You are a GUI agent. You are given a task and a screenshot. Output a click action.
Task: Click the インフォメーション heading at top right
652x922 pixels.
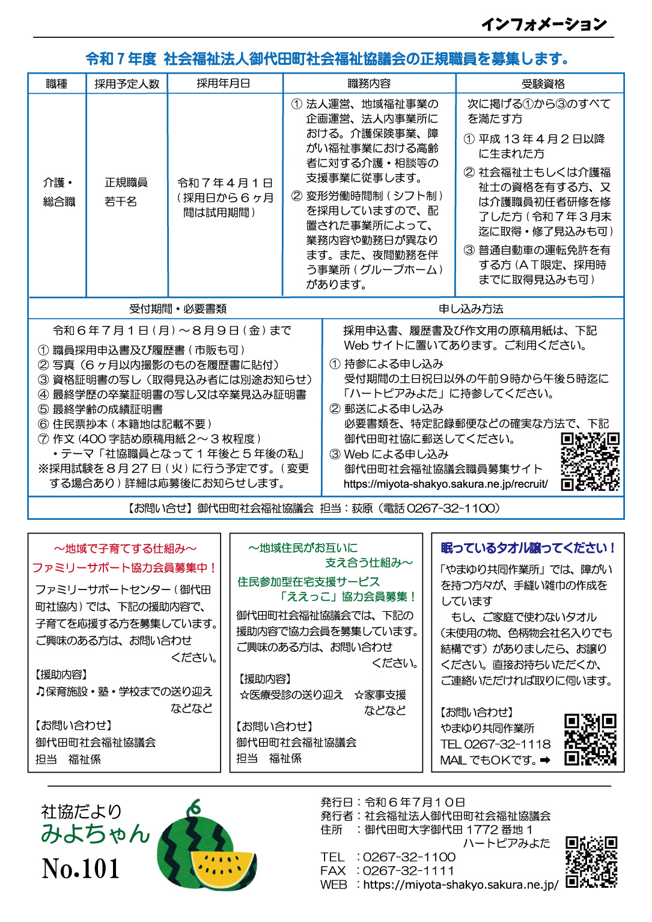click(544, 24)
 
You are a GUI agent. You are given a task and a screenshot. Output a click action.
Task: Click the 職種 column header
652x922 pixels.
click(57, 84)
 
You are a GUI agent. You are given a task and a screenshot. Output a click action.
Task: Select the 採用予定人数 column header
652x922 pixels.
click(127, 84)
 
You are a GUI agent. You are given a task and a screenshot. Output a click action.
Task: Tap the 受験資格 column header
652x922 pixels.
click(543, 84)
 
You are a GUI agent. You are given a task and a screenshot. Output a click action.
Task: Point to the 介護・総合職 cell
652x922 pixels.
click(59, 192)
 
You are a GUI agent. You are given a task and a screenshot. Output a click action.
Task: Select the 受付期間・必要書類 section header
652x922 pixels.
click(178, 309)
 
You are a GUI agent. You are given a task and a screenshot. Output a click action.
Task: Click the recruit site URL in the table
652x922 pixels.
click(445, 484)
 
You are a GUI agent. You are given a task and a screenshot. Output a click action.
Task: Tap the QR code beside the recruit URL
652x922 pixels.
click(590, 462)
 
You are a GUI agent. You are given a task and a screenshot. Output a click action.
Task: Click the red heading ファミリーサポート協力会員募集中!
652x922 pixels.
click(124, 567)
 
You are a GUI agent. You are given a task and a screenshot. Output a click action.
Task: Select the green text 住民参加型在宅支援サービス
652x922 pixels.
click(309, 582)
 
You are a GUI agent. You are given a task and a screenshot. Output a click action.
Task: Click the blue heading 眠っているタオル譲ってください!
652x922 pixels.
click(528, 548)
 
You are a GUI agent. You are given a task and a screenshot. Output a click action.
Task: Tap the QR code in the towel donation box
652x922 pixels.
click(590, 739)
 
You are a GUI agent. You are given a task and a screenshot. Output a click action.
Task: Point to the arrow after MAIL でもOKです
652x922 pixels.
click(545, 760)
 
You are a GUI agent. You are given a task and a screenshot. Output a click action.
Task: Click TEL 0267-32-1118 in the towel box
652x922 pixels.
click(495, 744)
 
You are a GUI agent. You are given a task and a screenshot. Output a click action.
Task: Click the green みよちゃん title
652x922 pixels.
click(95, 833)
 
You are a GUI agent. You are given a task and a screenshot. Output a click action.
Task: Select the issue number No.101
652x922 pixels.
click(81, 869)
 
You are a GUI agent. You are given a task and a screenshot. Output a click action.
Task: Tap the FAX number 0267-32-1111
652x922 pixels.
click(408, 870)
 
